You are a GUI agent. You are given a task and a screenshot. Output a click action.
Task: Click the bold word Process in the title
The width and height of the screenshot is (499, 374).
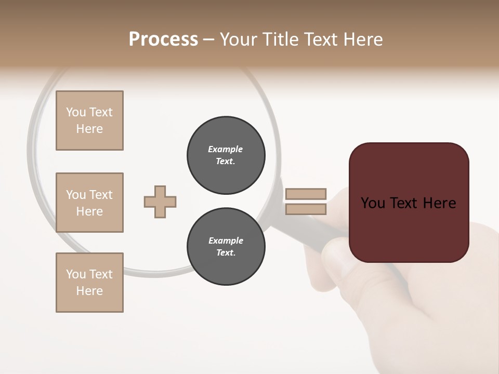pyautogui.click(x=163, y=39)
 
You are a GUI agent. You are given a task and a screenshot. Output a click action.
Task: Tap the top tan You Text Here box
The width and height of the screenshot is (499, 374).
pyautogui.click(x=89, y=121)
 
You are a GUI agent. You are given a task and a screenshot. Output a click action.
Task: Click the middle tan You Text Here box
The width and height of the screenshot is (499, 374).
pyautogui.click(x=89, y=203)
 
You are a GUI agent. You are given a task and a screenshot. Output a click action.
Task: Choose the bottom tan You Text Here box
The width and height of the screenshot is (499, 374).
pyautogui.click(x=89, y=283)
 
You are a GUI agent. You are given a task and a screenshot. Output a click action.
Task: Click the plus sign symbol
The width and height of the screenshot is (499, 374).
pyautogui.click(x=160, y=202)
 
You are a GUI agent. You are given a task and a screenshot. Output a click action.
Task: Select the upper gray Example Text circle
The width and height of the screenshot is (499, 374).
pyautogui.click(x=226, y=155)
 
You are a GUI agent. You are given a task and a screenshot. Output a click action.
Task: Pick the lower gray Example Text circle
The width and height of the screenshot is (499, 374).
pyautogui.click(x=226, y=246)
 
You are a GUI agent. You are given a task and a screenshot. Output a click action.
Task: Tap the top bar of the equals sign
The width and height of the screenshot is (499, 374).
pyautogui.click(x=306, y=194)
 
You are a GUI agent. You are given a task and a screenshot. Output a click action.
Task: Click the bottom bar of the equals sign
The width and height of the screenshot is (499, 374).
pyautogui.click(x=306, y=209)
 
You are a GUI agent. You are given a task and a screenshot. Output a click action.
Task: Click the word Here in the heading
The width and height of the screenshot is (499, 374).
pyautogui.click(x=363, y=39)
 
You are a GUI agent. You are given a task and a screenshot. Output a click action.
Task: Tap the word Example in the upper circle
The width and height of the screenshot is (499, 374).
pyautogui.click(x=225, y=149)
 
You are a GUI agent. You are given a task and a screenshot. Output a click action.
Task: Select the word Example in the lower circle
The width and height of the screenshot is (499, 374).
pyautogui.click(x=226, y=241)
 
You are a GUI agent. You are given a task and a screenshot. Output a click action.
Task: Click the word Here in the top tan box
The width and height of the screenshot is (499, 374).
pyautogui.click(x=89, y=129)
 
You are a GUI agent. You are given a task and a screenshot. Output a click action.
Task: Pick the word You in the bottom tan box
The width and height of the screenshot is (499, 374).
pyautogui.click(x=76, y=274)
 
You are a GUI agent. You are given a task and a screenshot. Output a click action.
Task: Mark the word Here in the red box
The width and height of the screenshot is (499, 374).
pyautogui.click(x=439, y=203)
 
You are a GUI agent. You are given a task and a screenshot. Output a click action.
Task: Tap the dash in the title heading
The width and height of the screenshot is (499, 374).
pyautogui.click(x=209, y=40)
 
